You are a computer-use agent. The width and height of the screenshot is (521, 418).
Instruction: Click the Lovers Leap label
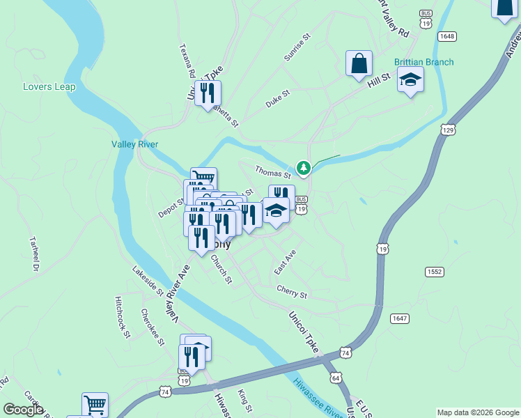46,87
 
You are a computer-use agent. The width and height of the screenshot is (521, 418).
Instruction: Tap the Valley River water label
135,144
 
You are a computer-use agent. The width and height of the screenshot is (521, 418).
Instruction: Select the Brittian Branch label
423,62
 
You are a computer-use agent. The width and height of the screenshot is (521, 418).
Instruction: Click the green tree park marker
304,167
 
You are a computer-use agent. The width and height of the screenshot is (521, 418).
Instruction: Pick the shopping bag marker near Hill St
359,63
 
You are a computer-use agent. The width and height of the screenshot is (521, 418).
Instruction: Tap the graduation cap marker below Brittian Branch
410,80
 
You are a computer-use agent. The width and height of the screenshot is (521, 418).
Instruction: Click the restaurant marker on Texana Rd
207,94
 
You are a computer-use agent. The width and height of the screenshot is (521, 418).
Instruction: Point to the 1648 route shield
446,36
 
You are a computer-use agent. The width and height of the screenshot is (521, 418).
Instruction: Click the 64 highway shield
336,378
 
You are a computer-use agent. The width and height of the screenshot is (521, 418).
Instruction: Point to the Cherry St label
291,293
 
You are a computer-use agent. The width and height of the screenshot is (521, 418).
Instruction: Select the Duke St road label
277,99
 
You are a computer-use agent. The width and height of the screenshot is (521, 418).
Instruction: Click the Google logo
23,410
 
